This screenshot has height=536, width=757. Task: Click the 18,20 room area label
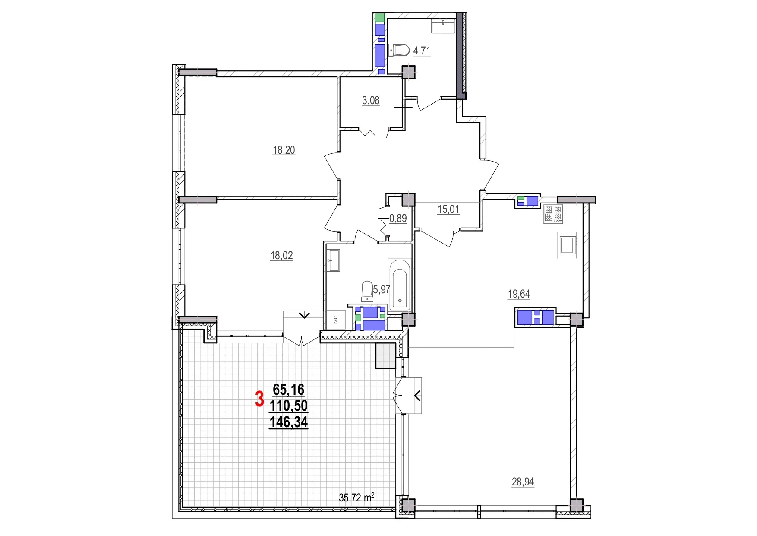pyautogui.click(x=284, y=150)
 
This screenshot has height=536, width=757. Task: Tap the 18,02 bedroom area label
pyautogui.click(x=281, y=256)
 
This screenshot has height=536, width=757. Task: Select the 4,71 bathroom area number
pyautogui.click(x=422, y=51)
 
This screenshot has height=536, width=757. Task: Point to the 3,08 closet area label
pyautogui.click(x=371, y=101)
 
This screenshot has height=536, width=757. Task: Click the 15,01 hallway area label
pyautogui.click(x=448, y=209)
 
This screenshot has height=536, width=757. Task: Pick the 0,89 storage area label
pyautogui.click(x=398, y=219)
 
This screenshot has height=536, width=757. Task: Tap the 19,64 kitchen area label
pyautogui.click(x=519, y=294)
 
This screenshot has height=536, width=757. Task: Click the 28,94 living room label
pyautogui.click(x=523, y=482)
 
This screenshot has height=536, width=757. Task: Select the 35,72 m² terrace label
pyautogui.click(x=356, y=498)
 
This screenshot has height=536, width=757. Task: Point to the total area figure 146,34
pyautogui.click(x=289, y=422)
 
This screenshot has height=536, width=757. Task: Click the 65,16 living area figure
pyautogui.click(x=289, y=390)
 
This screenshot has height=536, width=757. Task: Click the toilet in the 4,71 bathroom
pyautogui.click(x=399, y=51)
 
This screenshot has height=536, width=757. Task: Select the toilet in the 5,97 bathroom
pyautogui.click(x=367, y=291)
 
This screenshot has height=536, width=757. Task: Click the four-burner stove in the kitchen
pyautogui.click(x=553, y=214)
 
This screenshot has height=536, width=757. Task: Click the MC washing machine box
pyautogui.click(x=336, y=320)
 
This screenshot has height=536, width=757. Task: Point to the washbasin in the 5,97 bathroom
pyautogui.click(x=334, y=260)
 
